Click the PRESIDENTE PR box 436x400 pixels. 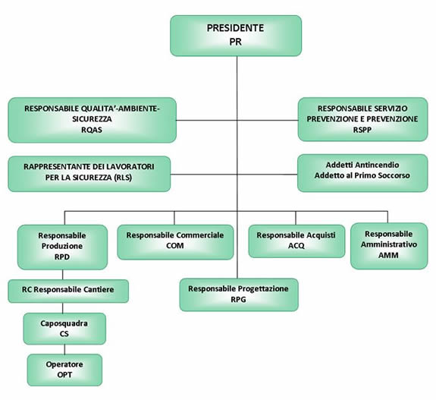coord(236,36)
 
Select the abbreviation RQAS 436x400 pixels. coord(92,130)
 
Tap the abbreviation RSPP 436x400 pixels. coord(362,130)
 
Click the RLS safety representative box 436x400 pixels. coord(89,174)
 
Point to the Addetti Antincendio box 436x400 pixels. coord(362,173)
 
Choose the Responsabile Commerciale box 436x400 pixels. coord(175,242)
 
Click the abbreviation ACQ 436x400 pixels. coord(296,245)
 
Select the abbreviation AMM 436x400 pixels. coord(388,255)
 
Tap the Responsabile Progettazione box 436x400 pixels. coord(239,294)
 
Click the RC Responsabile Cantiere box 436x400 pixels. coord(68,291)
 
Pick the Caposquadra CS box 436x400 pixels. coord(64,329)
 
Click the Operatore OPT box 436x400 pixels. coord(64,370)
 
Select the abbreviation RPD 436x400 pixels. coord(62,257)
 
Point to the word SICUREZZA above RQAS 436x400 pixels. coord(92,119)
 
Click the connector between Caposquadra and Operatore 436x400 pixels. coord(64,349)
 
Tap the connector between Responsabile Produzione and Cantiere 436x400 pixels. coord(63,275)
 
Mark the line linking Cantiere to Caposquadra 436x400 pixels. coord(63,308)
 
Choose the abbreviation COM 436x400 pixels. coord(175,245)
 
